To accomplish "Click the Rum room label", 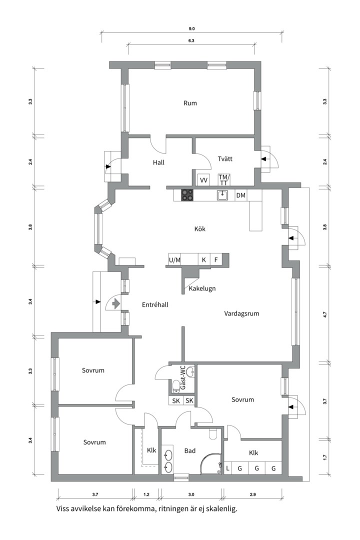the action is tap(190, 103).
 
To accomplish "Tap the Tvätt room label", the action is tap(225, 159).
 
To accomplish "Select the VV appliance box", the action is tap(203, 180).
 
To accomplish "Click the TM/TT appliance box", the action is tap(223, 180).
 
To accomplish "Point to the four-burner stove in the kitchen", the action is tap(187, 195).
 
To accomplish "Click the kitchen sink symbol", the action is tap(222, 195).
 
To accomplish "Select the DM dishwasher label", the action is tap(241, 195).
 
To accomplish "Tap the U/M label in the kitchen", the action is tap(174, 260).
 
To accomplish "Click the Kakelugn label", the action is tap(202, 288).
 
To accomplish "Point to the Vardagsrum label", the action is tap(241, 313).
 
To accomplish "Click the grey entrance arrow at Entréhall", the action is tap(115, 304).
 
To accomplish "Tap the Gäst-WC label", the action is tap(183, 378).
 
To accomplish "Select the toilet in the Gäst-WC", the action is tap(175, 386).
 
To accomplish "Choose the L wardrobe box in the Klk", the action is tap(227, 468).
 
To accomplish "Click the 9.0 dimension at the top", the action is tap(191, 29).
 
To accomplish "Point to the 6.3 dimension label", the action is tap(191, 40).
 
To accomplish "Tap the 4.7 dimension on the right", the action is tap(325, 314).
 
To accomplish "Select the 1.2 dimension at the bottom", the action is tap(146, 494).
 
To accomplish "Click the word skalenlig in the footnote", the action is tap(223, 509).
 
